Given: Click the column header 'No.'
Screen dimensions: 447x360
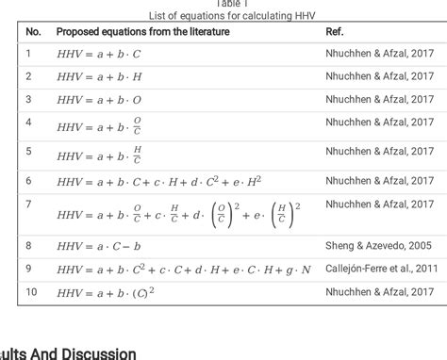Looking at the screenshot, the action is pos(33,31).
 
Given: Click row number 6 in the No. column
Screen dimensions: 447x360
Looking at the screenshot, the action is pos(29,179).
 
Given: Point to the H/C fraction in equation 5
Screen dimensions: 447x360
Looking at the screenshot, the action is pos(139,153).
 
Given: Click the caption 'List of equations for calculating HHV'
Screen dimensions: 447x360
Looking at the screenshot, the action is pos(223,15).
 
